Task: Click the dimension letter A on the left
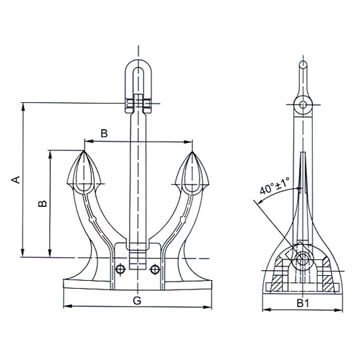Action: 16,180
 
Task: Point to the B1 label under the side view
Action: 302,300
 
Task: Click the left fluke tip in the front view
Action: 82,153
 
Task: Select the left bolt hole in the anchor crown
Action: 120,268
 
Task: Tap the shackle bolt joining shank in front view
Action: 137,102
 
